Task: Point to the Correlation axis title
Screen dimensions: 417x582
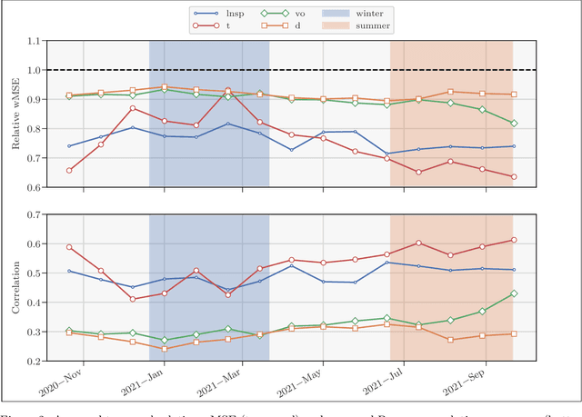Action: tap(15, 287)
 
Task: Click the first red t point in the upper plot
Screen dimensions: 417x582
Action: tap(70, 170)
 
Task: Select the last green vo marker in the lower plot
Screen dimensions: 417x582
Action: tap(514, 293)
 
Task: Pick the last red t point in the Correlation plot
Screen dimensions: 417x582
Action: tap(514, 240)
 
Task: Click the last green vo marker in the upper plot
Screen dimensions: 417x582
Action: tap(514, 124)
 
